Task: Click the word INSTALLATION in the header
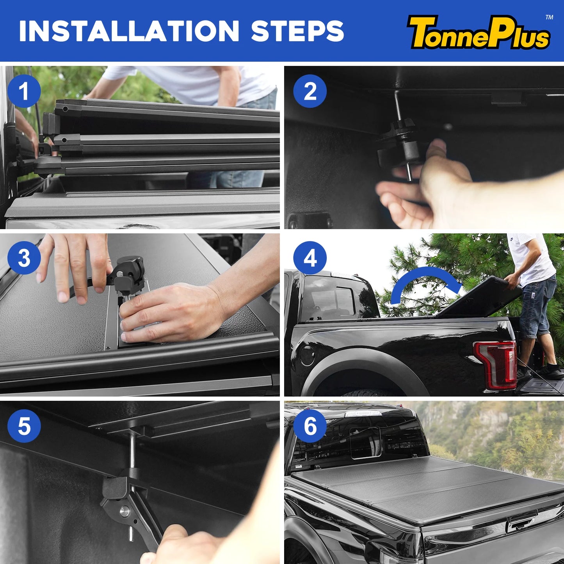click(129, 31)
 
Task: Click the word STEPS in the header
click(297, 31)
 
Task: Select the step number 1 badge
click(24, 91)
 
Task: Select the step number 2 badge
click(310, 91)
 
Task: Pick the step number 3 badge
click(24, 258)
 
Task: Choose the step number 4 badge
click(310, 258)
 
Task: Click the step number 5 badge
click(24, 426)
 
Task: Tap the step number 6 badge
click(310, 426)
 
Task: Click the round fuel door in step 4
click(308, 355)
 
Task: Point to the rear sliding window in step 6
click(365, 442)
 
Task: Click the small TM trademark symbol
click(549, 17)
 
